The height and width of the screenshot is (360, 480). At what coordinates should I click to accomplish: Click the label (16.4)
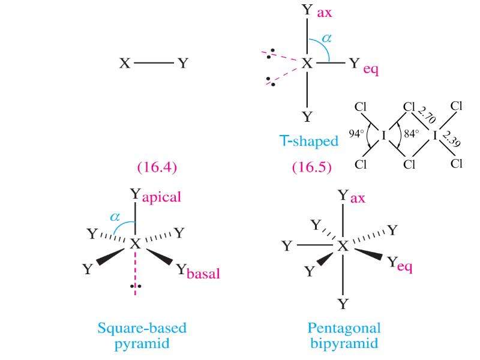(x=157, y=167)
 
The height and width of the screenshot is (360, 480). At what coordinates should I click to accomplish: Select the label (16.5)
(x=311, y=167)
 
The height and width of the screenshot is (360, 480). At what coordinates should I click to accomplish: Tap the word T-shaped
(x=309, y=141)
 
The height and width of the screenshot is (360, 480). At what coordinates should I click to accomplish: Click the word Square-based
(x=142, y=328)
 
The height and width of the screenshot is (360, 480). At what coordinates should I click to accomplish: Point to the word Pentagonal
(x=344, y=329)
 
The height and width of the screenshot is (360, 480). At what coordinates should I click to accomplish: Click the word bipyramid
(x=344, y=343)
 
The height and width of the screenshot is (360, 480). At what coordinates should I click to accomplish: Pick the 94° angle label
(x=356, y=133)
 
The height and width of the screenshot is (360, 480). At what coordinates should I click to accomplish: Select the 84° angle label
(x=412, y=134)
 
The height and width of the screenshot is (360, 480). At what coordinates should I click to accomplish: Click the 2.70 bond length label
(x=427, y=115)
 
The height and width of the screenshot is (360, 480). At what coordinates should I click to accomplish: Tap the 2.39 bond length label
(x=452, y=139)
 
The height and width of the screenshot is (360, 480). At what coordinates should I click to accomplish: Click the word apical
(x=161, y=197)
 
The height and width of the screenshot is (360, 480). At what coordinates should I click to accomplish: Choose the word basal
(x=203, y=274)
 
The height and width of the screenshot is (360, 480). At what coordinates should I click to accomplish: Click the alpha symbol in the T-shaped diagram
(x=326, y=38)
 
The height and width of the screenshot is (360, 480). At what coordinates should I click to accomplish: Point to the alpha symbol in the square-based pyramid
(x=115, y=217)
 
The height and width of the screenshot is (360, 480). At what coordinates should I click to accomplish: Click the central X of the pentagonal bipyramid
(x=343, y=245)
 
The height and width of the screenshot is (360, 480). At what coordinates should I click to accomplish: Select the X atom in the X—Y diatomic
(x=125, y=64)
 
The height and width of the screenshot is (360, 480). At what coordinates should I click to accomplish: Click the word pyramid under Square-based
(x=142, y=344)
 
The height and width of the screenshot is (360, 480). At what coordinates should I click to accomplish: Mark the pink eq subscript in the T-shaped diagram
(x=371, y=70)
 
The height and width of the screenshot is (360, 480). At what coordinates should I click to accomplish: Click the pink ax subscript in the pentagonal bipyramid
(x=358, y=199)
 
